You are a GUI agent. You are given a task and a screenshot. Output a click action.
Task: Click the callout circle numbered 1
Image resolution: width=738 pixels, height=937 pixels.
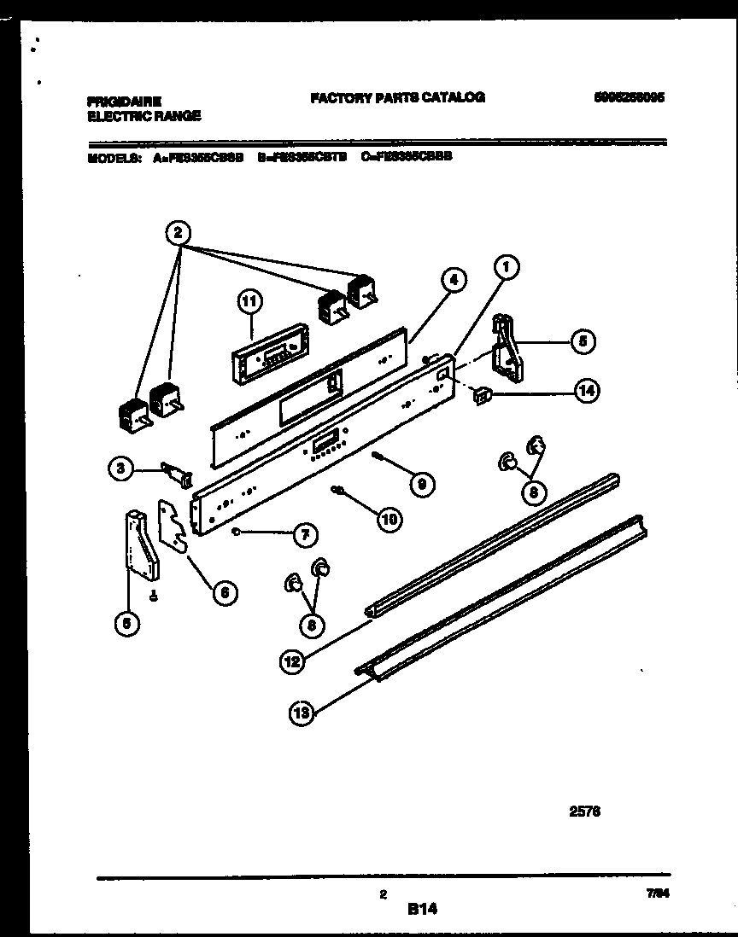point(506,268)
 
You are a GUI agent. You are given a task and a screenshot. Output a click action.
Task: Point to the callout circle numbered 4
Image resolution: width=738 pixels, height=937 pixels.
point(454,279)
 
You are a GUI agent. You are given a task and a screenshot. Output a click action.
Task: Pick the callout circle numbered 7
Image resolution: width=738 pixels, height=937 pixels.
point(303,535)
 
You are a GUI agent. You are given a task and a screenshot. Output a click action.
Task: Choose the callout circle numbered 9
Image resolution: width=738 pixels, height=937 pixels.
point(419,484)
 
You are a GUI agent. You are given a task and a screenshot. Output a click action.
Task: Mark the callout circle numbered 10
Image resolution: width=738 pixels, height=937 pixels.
point(389,517)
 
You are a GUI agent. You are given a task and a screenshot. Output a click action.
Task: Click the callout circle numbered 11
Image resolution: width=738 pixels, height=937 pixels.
point(249,300)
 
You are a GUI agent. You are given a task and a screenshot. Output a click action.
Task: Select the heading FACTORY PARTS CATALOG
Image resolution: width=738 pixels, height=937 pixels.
point(398,97)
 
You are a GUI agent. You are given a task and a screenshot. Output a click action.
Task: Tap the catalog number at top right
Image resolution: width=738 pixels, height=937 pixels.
point(629,97)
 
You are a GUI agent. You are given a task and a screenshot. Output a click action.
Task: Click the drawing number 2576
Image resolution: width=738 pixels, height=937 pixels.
point(584,812)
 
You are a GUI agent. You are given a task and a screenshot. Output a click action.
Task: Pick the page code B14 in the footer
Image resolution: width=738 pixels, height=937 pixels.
point(422,911)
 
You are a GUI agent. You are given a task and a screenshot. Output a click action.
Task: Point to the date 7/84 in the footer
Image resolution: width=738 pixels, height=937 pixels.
point(656,894)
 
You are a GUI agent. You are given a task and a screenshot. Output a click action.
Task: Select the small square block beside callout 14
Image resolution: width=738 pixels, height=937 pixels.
point(483,395)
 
